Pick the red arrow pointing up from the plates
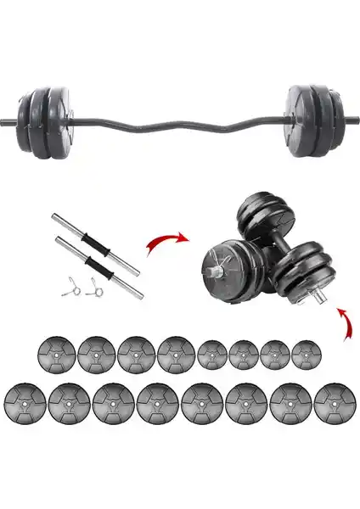point(346,323)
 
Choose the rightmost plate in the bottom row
point(331,400)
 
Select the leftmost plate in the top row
point(53,354)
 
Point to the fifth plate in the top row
point(211,354)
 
